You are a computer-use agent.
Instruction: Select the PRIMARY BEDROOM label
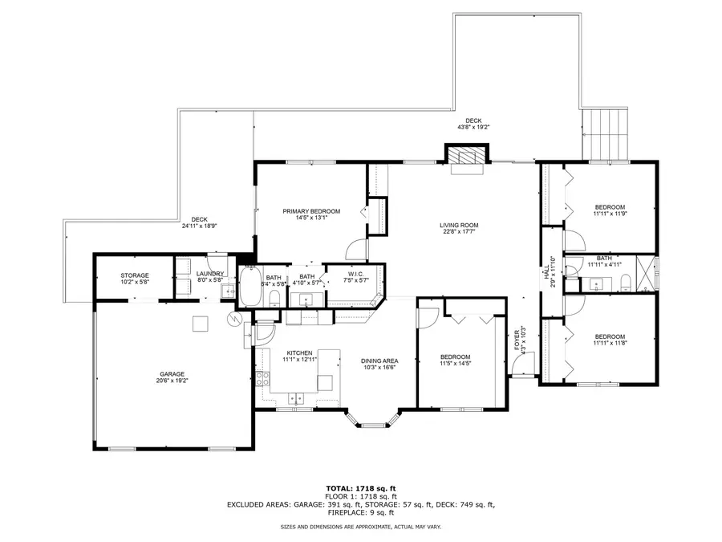tap(311, 211)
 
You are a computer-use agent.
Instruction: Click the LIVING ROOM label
tap(459, 225)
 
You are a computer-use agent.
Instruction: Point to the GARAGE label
tap(172, 374)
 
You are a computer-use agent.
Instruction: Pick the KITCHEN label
tap(299, 353)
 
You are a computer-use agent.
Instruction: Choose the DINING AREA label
tap(379, 361)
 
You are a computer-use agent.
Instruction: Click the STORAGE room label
tap(135, 275)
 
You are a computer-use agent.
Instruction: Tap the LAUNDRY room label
tap(210, 275)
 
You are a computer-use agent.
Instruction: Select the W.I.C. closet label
tap(355, 275)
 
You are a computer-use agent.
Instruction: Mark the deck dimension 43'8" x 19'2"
tap(473, 127)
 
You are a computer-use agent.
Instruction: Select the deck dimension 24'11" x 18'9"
tap(200, 226)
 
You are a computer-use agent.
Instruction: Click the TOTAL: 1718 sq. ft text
tap(360, 488)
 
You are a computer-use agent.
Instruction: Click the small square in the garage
tap(200, 323)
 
